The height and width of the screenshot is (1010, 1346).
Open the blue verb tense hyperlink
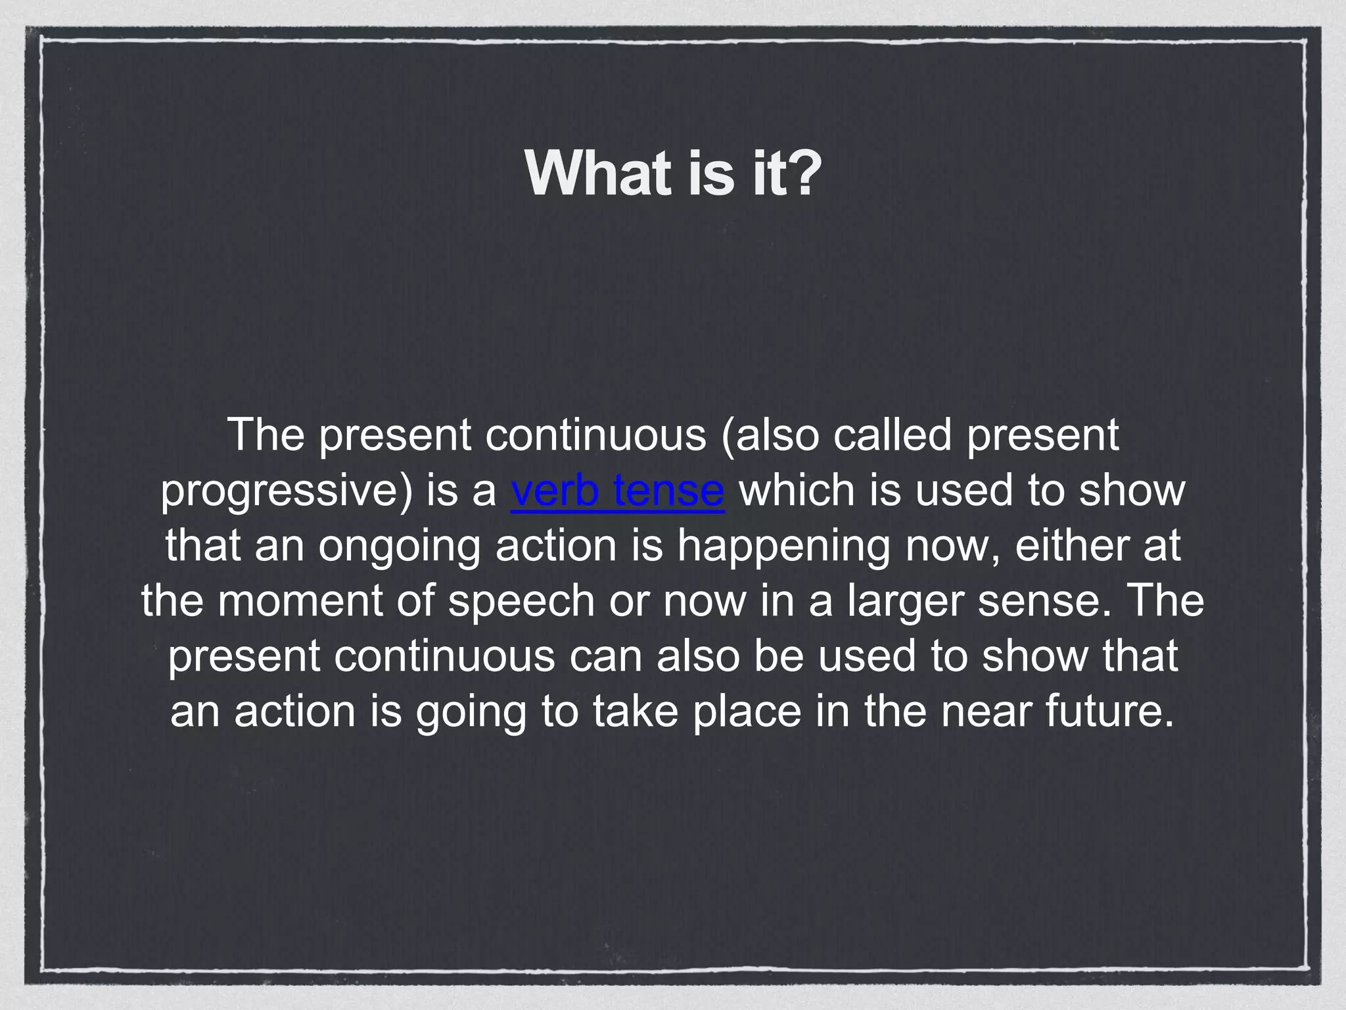coord(617,491)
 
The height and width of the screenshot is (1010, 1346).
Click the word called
coord(892,435)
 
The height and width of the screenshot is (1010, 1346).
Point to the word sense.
coord(1037,601)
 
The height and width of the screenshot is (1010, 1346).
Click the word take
coord(635,711)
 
